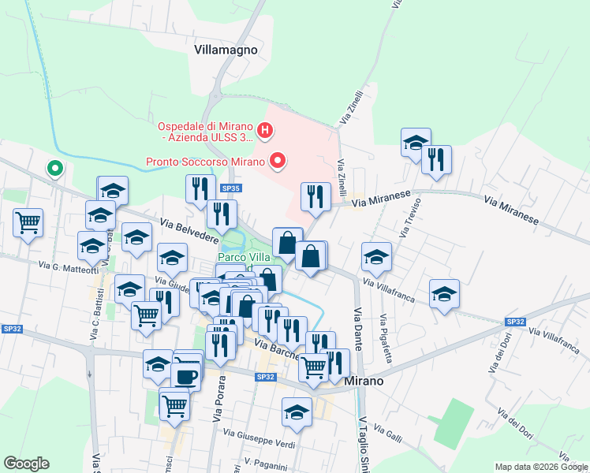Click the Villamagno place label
(226, 49)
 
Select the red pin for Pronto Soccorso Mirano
(277, 162)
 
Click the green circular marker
(55, 168)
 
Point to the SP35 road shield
(230, 189)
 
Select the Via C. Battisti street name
(94, 318)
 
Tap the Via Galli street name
(389, 432)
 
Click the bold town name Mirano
(364, 381)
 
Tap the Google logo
(26, 464)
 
